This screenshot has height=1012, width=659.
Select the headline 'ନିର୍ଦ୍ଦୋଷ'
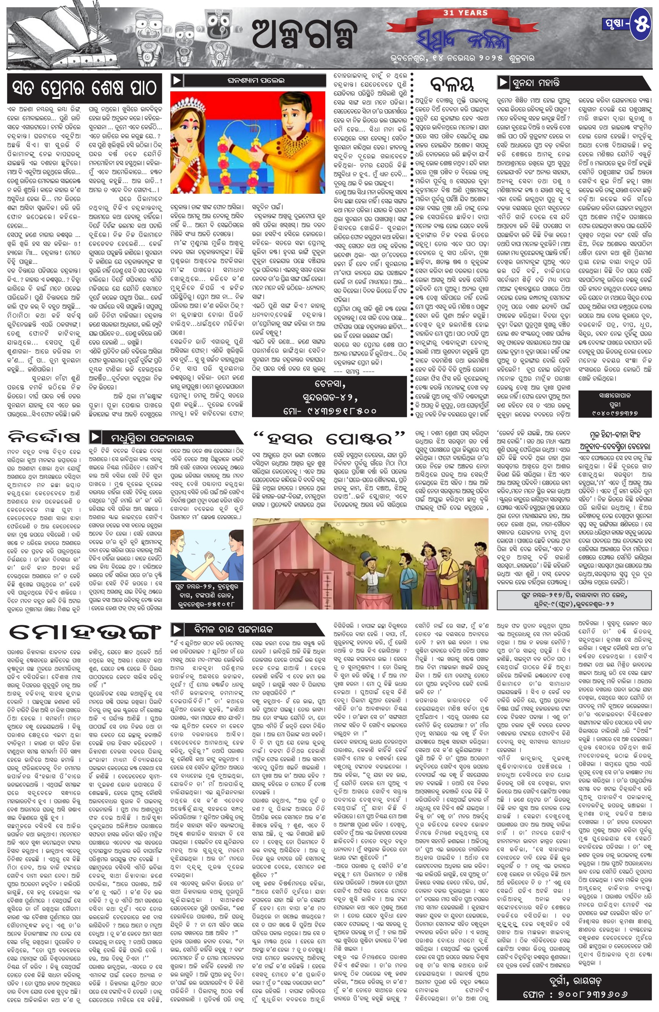[44, 437]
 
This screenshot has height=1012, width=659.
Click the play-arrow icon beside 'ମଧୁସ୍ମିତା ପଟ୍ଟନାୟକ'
[95, 437]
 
